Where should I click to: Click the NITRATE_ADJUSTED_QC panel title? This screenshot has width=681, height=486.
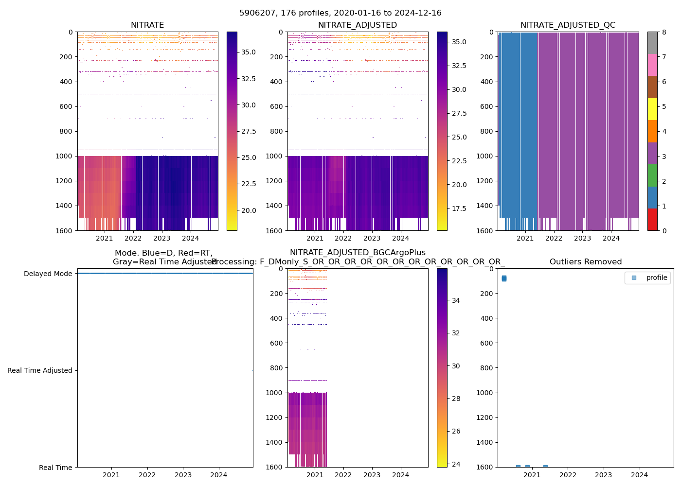point(568,25)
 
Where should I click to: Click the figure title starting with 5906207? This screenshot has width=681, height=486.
point(340,13)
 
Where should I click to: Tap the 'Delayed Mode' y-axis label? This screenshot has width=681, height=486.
point(48,274)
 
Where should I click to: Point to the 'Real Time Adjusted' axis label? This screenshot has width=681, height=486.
point(40,370)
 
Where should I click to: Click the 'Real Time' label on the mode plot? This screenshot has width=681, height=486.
point(55,468)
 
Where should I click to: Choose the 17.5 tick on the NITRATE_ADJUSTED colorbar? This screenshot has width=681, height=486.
point(459,208)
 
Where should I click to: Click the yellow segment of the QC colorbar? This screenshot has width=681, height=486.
point(652,109)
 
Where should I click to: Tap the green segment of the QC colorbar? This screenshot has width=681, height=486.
point(652,175)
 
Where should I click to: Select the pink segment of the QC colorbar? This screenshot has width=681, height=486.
point(652,65)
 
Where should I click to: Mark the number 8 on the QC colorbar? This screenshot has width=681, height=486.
point(664,32)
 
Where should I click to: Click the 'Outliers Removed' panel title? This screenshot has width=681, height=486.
point(585,262)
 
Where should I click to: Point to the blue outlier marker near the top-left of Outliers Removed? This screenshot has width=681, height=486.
point(504,278)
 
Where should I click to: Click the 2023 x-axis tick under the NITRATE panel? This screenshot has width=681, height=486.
point(161,238)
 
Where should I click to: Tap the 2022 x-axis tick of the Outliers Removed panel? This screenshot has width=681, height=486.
point(568,475)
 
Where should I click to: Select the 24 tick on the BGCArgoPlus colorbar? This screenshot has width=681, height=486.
point(456,464)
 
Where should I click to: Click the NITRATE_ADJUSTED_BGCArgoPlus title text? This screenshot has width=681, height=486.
point(358,253)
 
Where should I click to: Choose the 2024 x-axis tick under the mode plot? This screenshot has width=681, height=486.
point(219,475)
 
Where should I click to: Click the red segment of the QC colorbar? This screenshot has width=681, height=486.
point(652,220)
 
